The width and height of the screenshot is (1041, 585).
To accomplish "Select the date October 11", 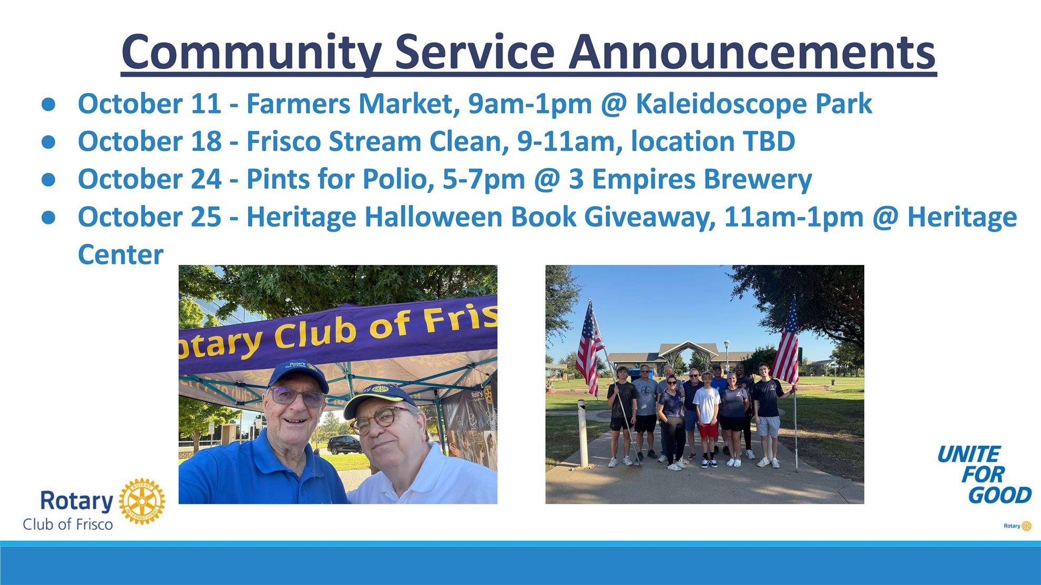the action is [149, 103].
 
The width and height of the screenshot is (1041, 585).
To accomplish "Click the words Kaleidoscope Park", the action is [753, 104].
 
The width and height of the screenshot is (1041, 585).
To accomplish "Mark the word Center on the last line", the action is [120, 254].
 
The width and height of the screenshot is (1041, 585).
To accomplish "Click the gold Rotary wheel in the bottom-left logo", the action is [142, 501].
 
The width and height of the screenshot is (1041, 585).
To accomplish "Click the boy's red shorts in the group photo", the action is [707, 430].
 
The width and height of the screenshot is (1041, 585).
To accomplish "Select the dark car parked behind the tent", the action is [343, 445].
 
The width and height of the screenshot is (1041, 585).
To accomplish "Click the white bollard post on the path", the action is [582, 434].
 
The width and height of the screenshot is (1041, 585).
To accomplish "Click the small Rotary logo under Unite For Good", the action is [1018, 526].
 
